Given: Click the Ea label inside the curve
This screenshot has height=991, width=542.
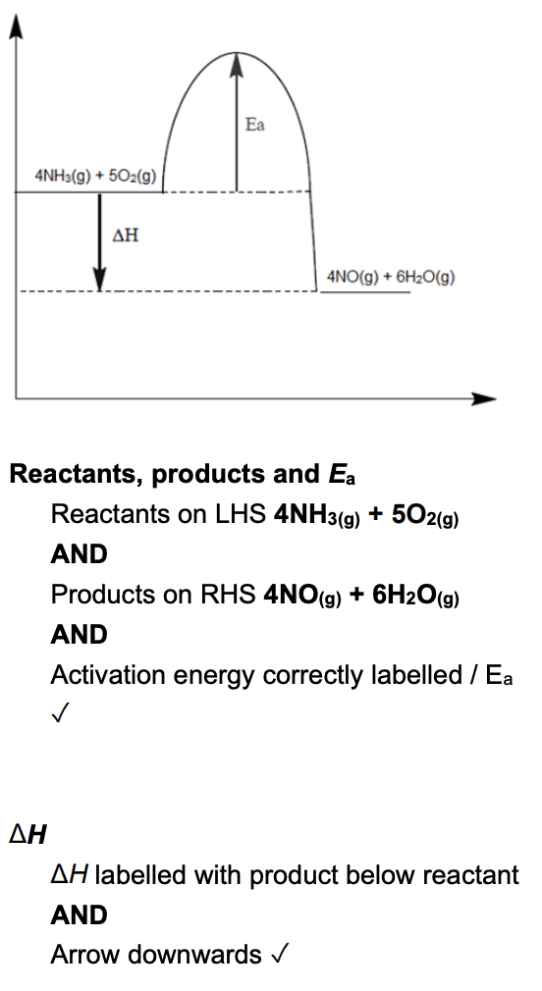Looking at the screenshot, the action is click(255, 125).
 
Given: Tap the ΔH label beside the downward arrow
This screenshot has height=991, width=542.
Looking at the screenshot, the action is click(126, 235).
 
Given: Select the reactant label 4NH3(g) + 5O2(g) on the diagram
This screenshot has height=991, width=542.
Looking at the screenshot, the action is click(95, 175).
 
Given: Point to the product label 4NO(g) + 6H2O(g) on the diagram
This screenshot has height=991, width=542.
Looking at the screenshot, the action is click(391, 277).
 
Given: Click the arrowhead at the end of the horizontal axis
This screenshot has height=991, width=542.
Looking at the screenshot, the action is click(484, 398).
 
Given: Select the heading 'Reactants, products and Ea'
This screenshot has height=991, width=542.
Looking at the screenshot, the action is click(183, 474).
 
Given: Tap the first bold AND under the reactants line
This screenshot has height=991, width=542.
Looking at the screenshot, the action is click(80, 554).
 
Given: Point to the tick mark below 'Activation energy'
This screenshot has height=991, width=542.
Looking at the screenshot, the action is click(59, 715).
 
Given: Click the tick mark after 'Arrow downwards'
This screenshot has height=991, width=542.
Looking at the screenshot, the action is click(280, 953).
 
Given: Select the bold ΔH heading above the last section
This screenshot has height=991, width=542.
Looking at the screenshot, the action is click(27, 835).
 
